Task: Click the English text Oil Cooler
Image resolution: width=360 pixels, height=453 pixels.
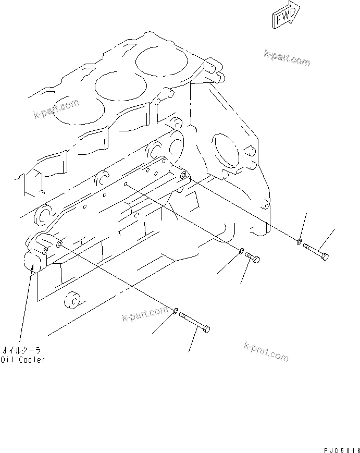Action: click(x=23, y=360)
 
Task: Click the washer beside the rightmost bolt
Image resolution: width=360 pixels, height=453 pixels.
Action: click(x=298, y=241)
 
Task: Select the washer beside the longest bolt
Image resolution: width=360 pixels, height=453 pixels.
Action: click(x=175, y=312)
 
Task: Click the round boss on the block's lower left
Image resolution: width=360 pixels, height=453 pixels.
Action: click(x=70, y=301)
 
